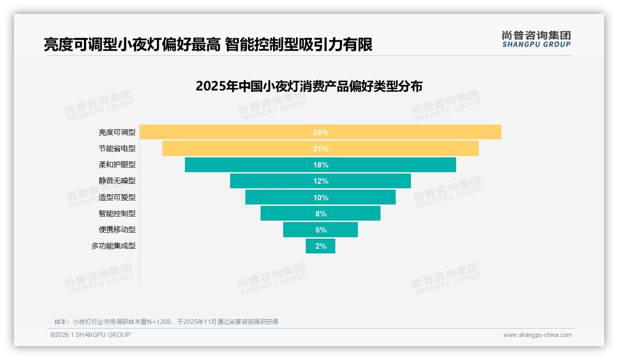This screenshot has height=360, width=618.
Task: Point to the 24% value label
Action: pos(321,132)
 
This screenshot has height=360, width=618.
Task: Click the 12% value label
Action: pos(321,181)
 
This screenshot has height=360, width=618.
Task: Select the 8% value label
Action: pos(321,214)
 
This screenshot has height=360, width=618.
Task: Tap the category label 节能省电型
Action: pos(117,149)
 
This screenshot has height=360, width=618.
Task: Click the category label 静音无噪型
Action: pos(117,181)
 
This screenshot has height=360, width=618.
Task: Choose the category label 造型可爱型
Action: pos(117,197)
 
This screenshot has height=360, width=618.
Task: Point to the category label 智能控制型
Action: pos(117,213)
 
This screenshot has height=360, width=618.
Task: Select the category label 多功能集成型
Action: pos(113,246)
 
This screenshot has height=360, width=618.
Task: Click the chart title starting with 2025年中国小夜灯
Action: pos(309,86)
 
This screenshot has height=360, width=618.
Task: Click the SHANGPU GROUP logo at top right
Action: pos(536,39)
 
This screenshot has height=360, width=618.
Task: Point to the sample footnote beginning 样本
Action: pos(166,322)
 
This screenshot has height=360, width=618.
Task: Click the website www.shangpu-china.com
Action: pos(537,335)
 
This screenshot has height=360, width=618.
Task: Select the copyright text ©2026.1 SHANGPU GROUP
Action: pos(90,335)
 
